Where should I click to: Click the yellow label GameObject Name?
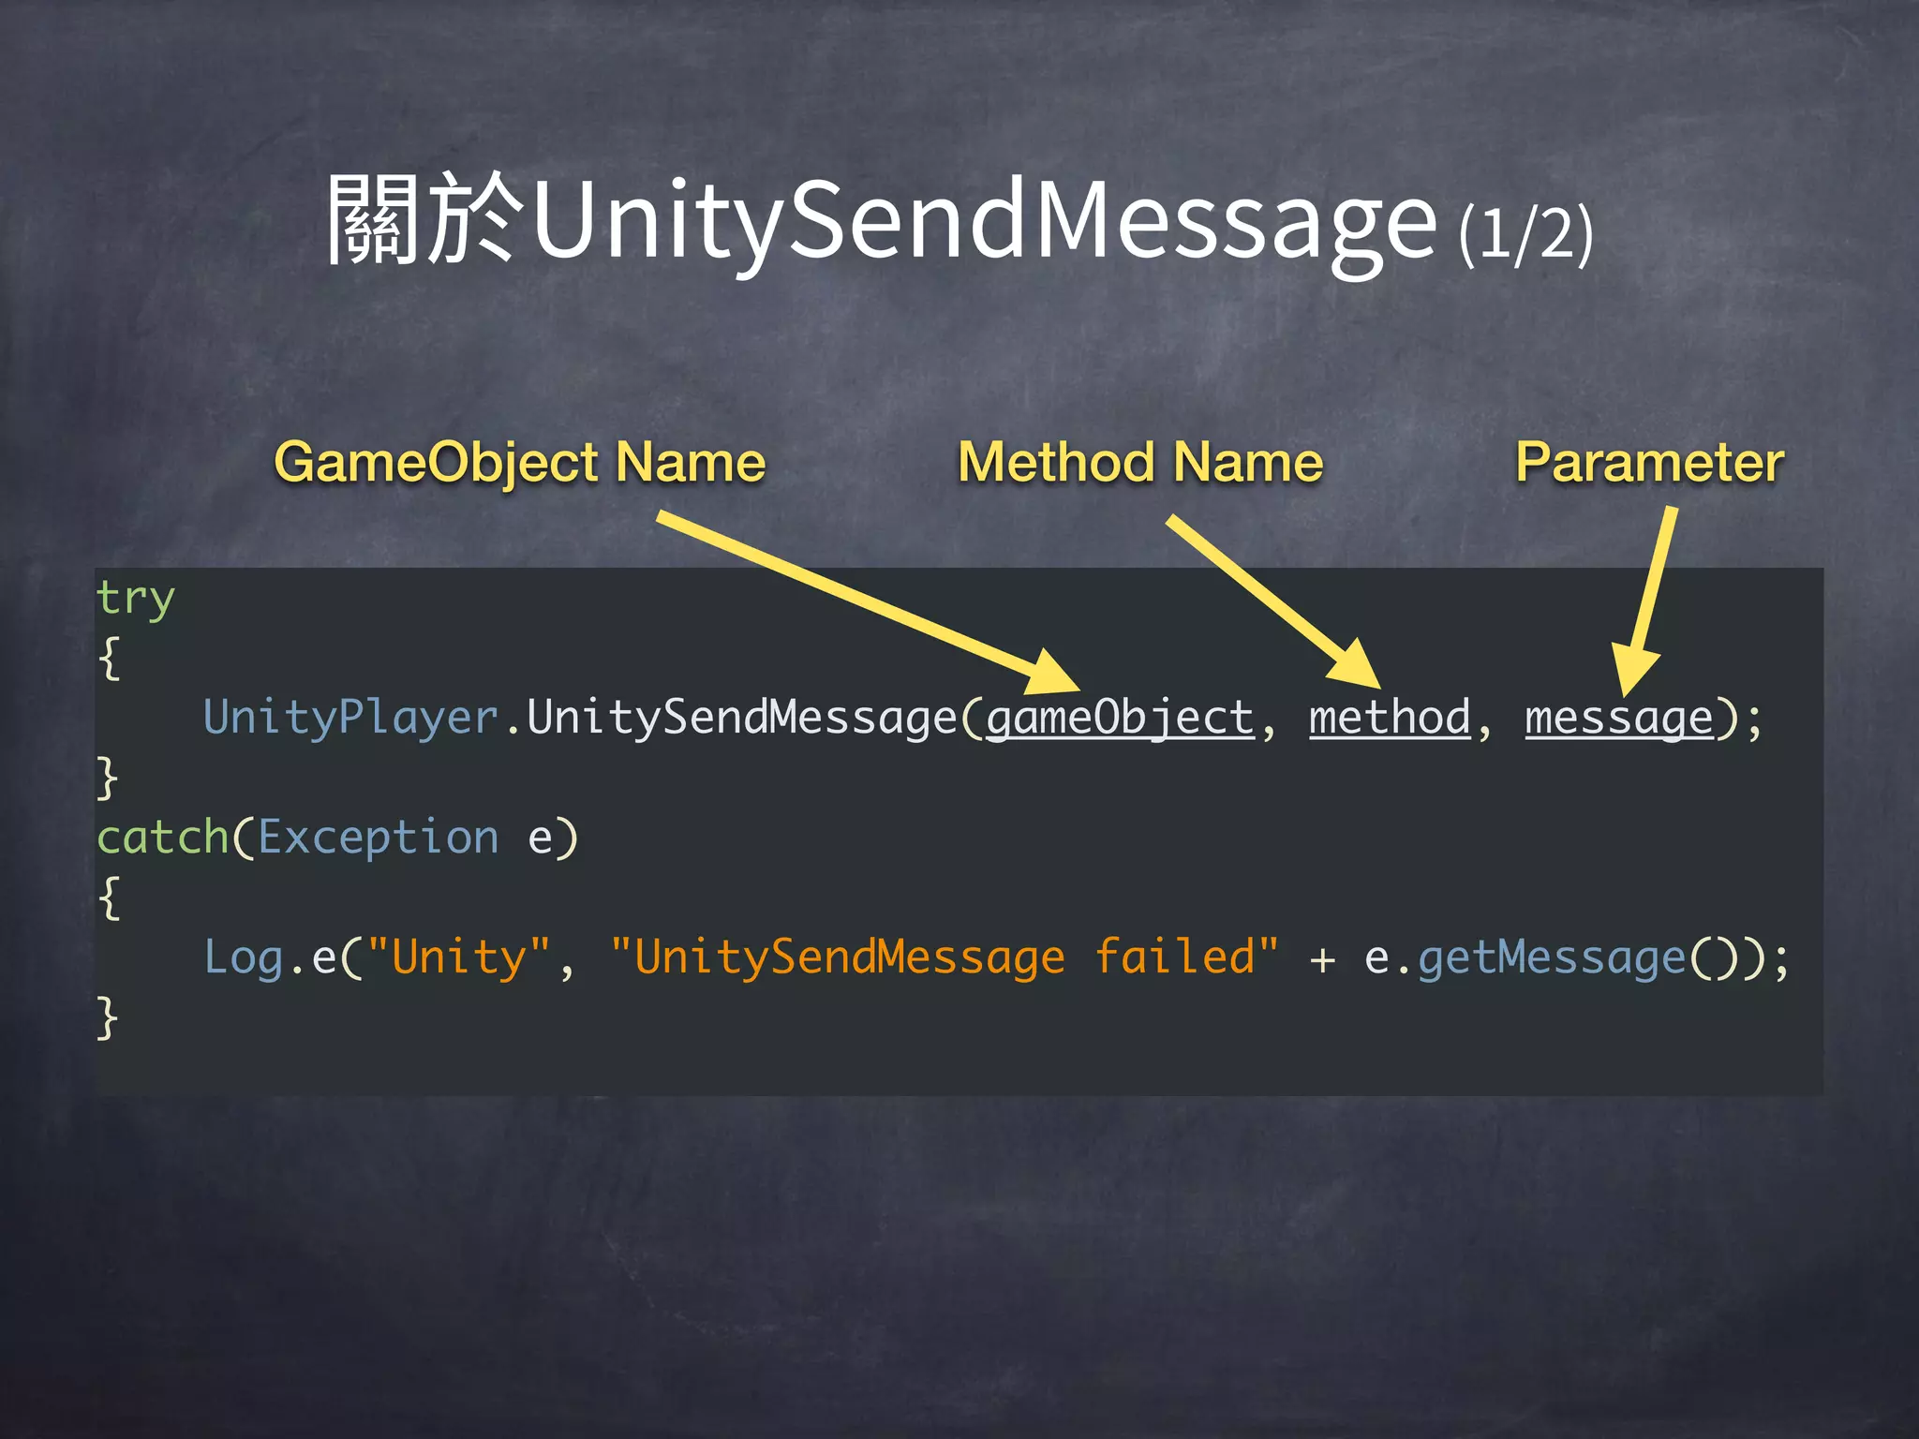520,463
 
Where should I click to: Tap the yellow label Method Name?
1140,463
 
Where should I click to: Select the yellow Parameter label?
1649,463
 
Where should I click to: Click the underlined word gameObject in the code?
1120,719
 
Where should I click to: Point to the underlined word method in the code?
1390,719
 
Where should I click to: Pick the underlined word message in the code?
1618,719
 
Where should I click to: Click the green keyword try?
136,600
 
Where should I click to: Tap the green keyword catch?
163,838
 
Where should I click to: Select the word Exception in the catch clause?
378,838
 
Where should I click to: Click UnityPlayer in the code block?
350,719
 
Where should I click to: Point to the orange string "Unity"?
459,957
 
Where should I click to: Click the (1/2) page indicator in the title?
1525,234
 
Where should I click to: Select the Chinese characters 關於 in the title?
422,220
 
